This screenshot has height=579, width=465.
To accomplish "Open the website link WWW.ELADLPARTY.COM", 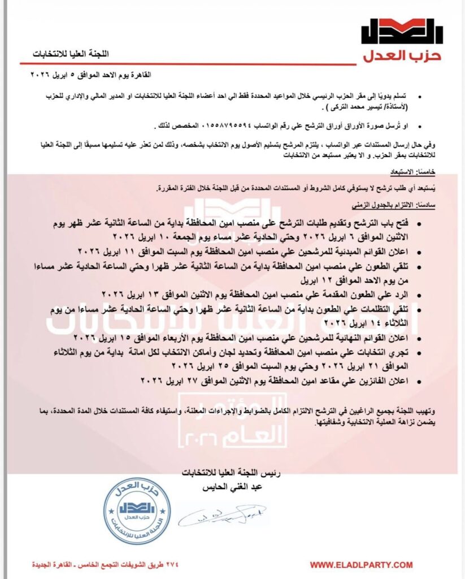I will tap(362, 565).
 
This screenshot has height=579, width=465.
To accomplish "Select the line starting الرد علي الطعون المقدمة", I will tap(266, 295).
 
